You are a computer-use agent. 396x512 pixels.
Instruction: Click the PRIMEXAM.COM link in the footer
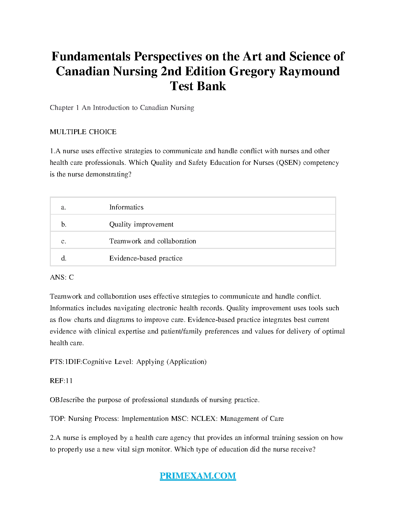[198, 476]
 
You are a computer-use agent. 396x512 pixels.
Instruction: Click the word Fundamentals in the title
[91, 57]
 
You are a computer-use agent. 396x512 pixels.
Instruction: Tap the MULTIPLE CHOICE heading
[83, 132]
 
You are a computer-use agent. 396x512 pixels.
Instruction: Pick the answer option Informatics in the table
[126, 207]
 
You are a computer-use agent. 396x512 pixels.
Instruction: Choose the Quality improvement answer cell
[141, 224]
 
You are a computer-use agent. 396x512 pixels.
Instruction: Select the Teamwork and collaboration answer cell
[152, 241]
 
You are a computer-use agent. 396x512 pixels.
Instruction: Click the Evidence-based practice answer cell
[146, 258]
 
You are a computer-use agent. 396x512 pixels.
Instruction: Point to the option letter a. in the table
[63, 208]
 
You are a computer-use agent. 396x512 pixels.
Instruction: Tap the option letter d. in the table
[64, 258]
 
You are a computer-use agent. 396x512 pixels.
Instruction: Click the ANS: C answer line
[62, 277]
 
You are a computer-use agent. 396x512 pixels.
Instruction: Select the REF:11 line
[61, 381]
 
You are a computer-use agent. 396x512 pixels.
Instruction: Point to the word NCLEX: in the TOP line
[204, 419]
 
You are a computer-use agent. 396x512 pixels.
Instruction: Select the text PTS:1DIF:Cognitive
[81, 362]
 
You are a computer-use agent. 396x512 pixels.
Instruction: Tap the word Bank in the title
[212, 86]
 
